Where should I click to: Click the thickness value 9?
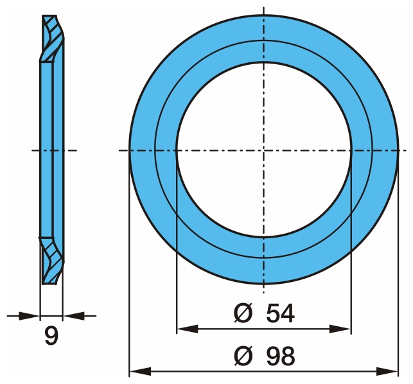coord(51,336)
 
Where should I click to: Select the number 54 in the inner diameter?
coord(280,313)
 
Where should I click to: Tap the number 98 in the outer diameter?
coord(280,355)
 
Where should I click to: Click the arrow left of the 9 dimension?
coord(29,315)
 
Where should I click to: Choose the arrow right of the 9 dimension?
coord(74,315)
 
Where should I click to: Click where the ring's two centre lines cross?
coord(264,151)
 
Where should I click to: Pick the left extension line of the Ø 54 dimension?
coord(176,257)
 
